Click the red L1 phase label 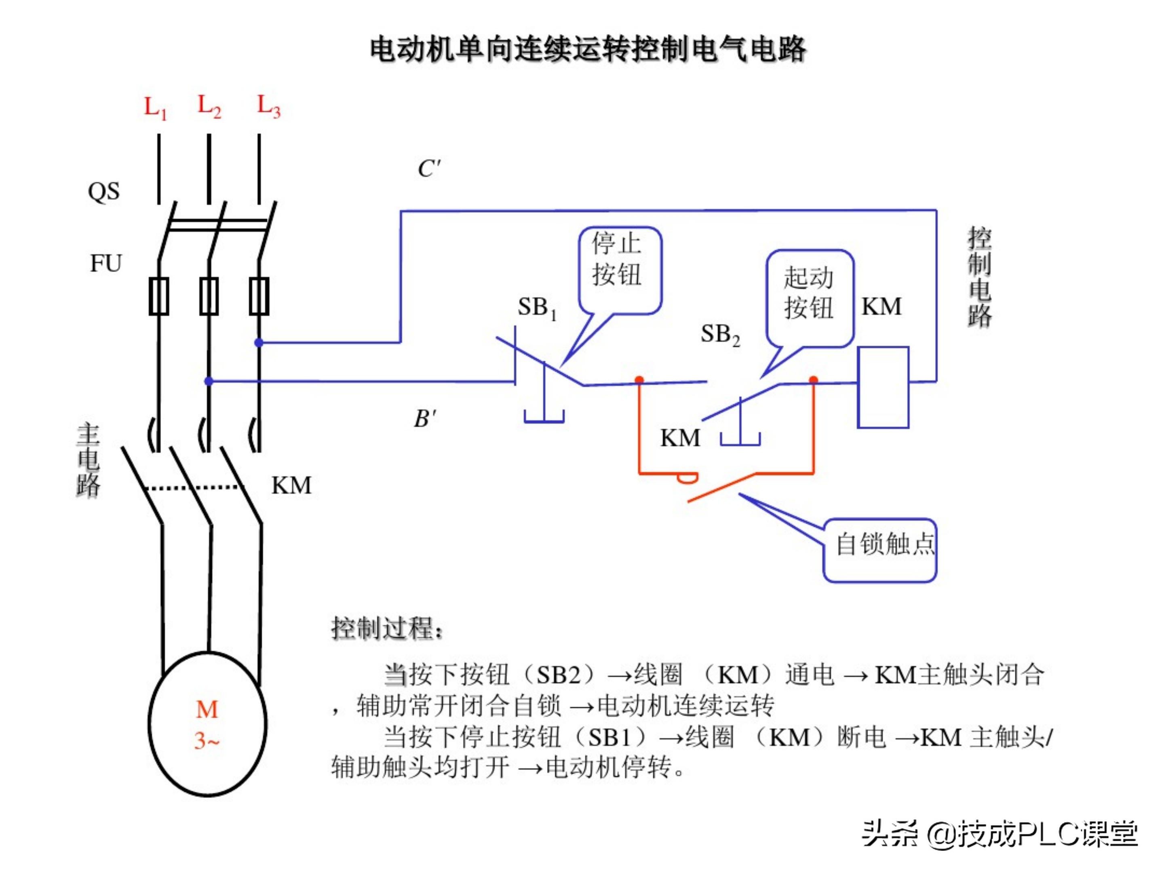pos(155,108)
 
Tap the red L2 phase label pos(209,106)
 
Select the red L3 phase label pos(268,106)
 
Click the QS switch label pos(103,192)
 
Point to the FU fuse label pos(106,263)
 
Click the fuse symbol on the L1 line pos(159,296)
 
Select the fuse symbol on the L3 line pos(259,296)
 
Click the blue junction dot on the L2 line pos(209,381)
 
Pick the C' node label pos(429,169)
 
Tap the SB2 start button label pos(720,335)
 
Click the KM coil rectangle pos(883,387)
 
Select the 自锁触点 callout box pos(880,550)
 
